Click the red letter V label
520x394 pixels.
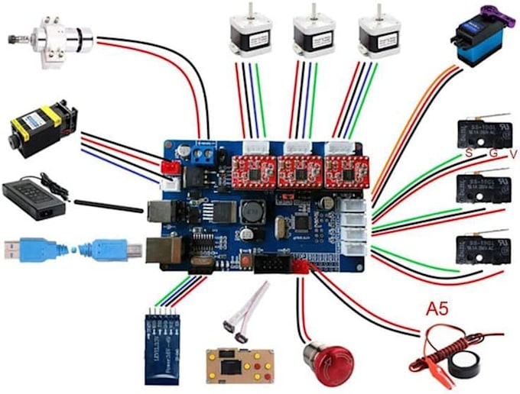[513, 154]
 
